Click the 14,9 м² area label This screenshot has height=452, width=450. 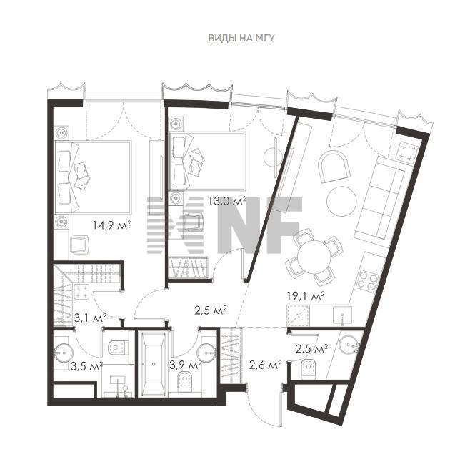click(111, 225)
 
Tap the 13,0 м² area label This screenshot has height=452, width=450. click(227, 201)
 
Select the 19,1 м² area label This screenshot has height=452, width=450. click(306, 296)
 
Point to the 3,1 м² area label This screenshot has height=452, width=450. click(91, 318)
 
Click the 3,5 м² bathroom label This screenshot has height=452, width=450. click(86, 366)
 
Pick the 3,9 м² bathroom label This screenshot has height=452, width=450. click(186, 365)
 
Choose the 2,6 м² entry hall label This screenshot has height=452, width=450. click(265, 365)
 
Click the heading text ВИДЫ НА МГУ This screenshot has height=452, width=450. click(241, 38)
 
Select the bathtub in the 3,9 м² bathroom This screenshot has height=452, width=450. click(154, 364)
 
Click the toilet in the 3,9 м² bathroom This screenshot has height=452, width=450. click(185, 381)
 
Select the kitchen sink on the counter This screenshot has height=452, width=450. click(342, 315)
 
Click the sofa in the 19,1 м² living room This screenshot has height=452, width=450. click(380, 197)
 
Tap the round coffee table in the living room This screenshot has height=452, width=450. click(342, 201)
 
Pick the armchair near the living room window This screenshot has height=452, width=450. click(334, 167)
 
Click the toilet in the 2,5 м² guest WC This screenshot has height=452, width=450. click(309, 369)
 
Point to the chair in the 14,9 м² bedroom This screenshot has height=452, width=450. click(79, 245)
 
